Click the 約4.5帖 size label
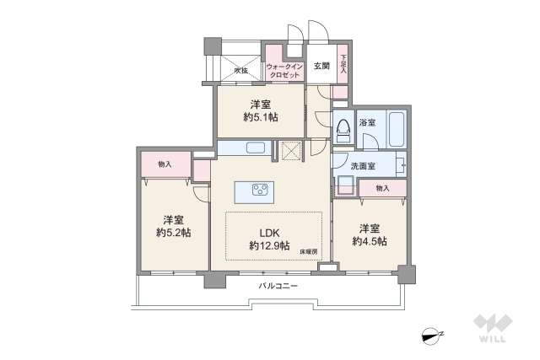370,240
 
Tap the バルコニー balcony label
278,286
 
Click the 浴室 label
367,123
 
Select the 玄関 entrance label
321,65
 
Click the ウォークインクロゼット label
283,70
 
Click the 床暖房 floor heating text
307,250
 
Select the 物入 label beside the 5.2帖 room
165,164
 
